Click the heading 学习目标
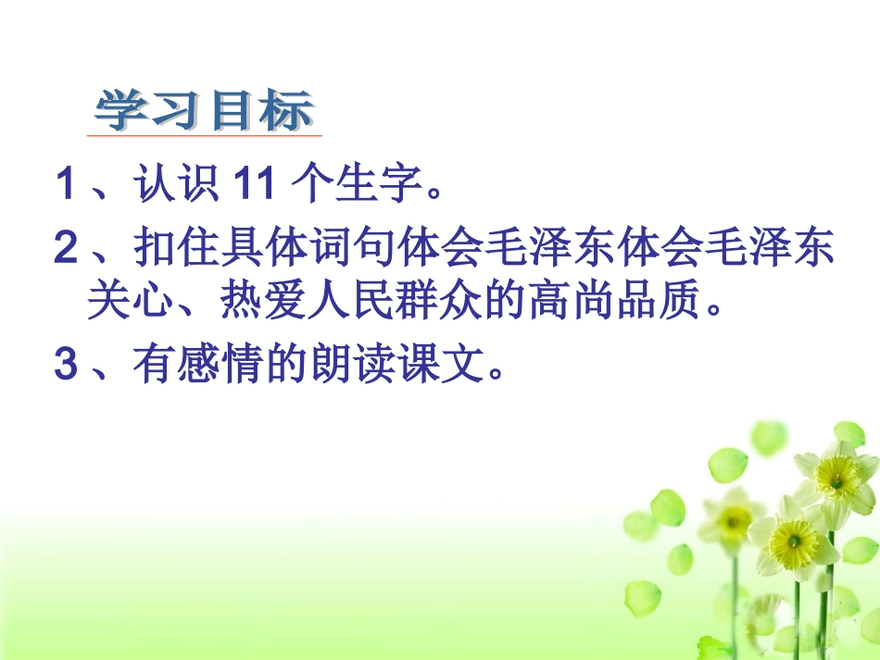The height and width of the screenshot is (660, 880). click(205, 112)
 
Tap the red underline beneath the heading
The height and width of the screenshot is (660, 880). click(205, 136)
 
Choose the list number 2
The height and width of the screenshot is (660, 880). click(64, 249)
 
